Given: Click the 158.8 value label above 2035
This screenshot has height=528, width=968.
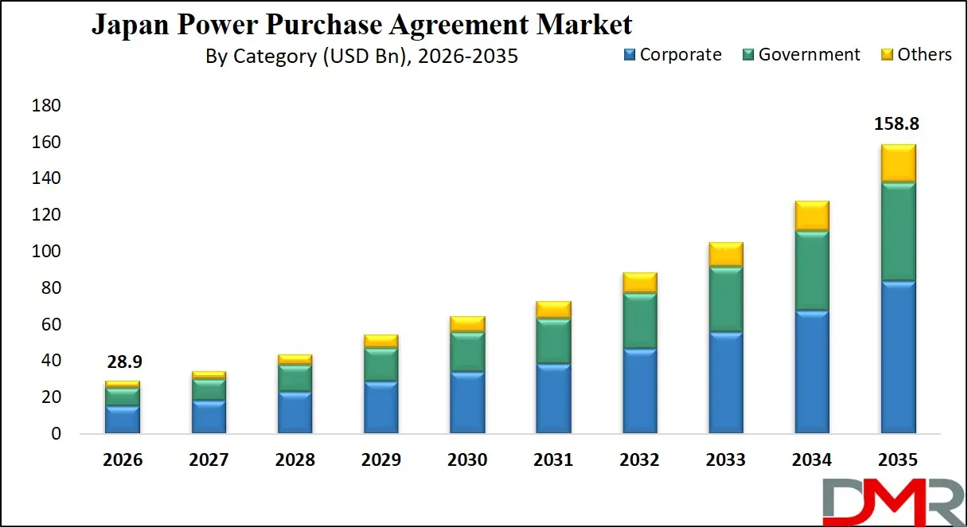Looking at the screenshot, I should [x=897, y=124].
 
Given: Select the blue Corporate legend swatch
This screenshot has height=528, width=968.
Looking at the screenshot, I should [x=630, y=55].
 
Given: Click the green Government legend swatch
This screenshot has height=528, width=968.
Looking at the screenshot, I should [x=748, y=55].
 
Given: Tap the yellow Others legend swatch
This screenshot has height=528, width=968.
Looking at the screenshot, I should [x=887, y=55].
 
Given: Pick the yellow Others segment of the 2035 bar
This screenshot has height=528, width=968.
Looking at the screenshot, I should [x=898, y=163].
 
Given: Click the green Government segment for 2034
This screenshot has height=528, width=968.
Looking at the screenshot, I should [x=812, y=271].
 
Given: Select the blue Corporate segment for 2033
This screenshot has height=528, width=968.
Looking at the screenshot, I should [x=725, y=382].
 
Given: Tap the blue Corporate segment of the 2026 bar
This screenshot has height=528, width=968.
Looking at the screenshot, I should [x=122, y=419].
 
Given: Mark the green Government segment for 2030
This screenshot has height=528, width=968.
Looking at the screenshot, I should [x=466, y=351].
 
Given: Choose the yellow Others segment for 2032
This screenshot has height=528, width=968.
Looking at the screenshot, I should [x=639, y=283].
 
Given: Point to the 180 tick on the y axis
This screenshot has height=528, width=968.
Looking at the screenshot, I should [x=46, y=106].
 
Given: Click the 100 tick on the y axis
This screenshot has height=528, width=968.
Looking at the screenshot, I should [x=46, y=252].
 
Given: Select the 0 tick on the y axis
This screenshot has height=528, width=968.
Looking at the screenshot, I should [x=55, y=434].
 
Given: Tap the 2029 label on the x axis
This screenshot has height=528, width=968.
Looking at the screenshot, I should [x=381, y=460].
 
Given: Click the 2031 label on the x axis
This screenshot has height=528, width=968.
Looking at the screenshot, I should [x=553, y=460].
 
